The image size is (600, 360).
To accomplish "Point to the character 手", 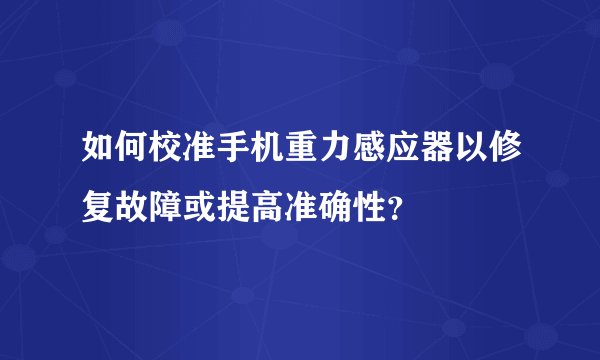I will [232, 155].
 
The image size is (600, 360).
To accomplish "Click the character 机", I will [266, 155].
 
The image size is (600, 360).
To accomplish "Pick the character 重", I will [300, 155].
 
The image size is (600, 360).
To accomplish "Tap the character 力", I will [334, 155].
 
